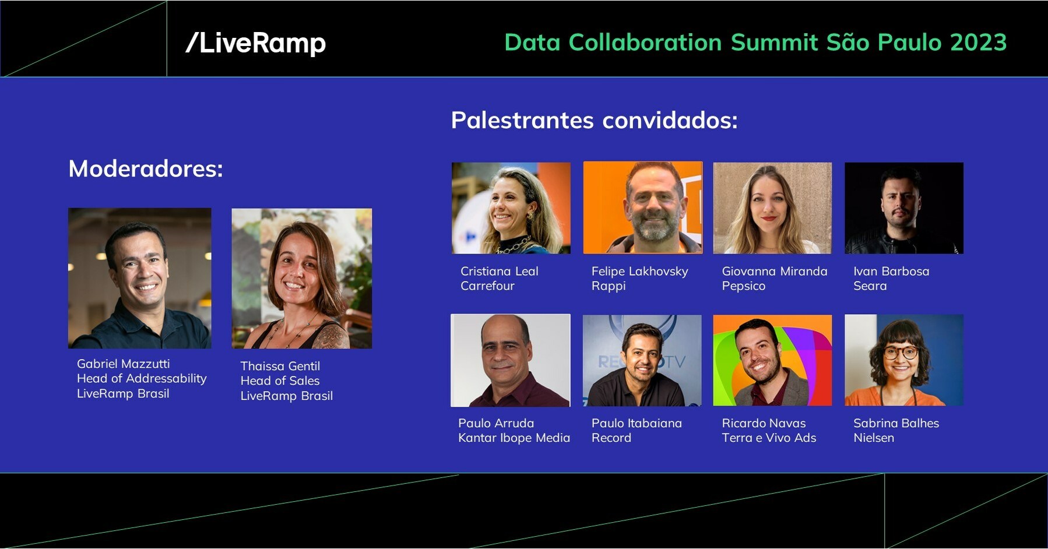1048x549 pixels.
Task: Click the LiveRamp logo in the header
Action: pos(255,43)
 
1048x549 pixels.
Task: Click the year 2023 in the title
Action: pos(978,43)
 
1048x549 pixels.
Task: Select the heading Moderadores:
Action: pos(146,169)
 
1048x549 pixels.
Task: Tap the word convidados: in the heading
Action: pos(670,121)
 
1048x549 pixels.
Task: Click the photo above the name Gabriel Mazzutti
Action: pos(140,278)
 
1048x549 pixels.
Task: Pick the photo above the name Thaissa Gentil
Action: pos(301,279)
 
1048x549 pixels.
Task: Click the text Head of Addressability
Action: pos(142,379)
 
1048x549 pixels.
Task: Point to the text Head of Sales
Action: pos(280,381)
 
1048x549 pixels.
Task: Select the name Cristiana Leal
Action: pos(499,272)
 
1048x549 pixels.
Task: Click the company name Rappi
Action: pos(609,286)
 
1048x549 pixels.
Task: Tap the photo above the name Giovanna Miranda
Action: pos(772,208)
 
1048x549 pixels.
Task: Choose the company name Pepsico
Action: pos(743,286)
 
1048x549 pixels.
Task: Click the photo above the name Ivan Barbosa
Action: pos(903,208)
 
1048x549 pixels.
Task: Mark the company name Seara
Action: pos(870,286)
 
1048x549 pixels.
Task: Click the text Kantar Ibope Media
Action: pos(514,438)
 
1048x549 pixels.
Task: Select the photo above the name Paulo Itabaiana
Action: pos(642,360)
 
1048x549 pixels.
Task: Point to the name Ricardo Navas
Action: pos(764,424)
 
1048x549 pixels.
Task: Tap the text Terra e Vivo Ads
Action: pos(769,438)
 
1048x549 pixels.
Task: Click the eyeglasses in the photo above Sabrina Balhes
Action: pos(901,353)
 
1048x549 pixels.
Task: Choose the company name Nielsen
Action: pos(873,438)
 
